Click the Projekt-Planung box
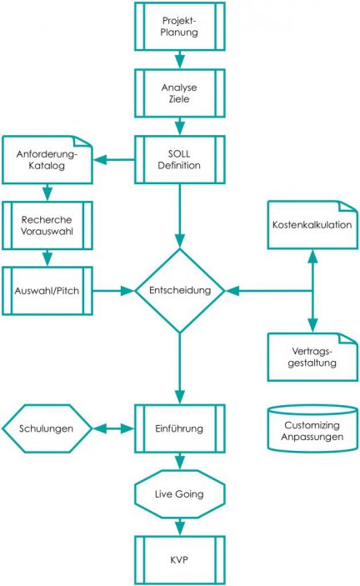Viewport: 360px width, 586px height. [x=179, y=27]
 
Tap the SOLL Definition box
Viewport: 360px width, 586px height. [x=179, y=158]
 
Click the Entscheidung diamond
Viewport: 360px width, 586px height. [x=180, y=291]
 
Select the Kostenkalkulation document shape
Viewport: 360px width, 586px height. [x=313, y=225]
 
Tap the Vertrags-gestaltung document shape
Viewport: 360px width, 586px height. [x=313, y=358]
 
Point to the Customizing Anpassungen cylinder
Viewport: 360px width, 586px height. [x=313, y=428]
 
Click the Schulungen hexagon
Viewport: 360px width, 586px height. [x=47, y=428]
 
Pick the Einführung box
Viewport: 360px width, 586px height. [x=179, y=428]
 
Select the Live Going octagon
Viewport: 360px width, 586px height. [x=179, y=495]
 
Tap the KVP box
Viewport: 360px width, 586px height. [x=179, y=558]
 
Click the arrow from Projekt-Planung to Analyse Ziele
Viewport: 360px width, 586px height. [x=179, y=58]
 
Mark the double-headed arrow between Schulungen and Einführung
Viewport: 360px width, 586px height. [x=112, y=428]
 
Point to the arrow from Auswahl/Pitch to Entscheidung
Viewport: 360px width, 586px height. [x=112, y=292]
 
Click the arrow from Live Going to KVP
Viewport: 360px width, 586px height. [x=179, y=527]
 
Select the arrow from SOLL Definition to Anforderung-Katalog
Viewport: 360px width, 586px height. [x=112, y=158]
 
